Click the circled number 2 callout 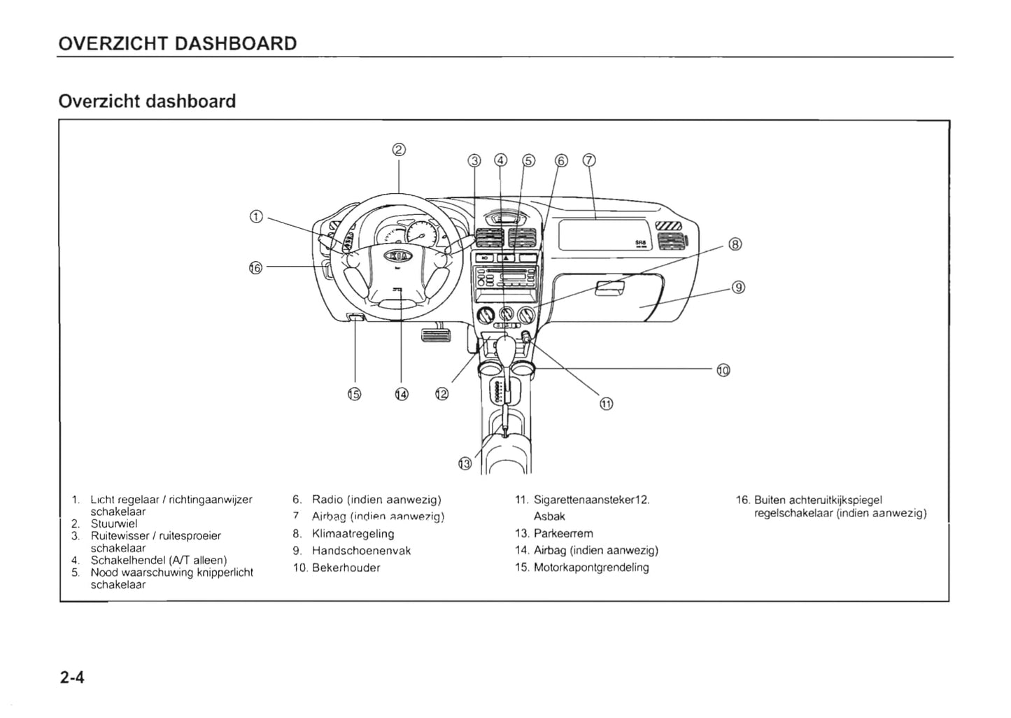point(399,149)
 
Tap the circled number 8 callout point(735,244)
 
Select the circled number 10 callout point(723,370)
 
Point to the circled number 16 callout point(255,267)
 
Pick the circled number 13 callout point(465,463)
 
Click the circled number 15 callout point(354,394)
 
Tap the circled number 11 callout point(606,403)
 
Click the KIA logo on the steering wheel point(397,256)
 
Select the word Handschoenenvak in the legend point(361,551)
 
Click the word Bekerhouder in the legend point(346,568)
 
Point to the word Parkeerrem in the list point(563,533)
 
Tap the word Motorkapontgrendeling point(591,568)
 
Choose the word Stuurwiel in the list point(114,523)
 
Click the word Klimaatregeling point(353,533)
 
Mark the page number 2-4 point(72,677)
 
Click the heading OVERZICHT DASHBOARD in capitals point(178,43)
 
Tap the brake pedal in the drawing point(436,337)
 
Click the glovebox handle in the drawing point(610,286)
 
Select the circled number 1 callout point(256,217)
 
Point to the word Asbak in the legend point(549,516)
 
